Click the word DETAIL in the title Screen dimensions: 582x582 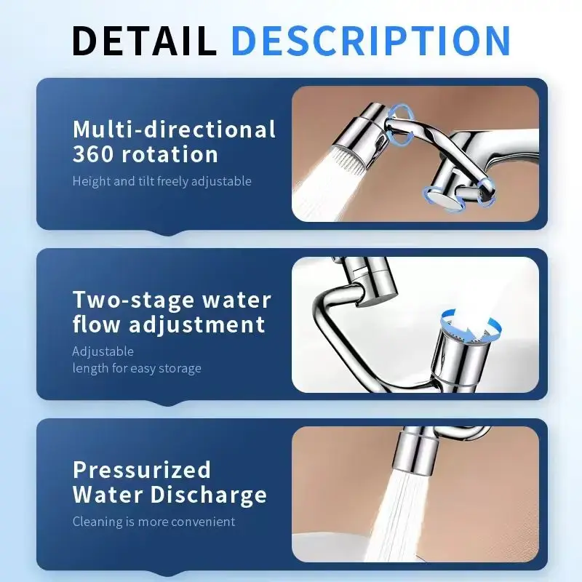point(144,41)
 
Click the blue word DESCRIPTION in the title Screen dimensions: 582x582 point(372,41)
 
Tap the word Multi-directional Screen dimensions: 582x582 point(174,129)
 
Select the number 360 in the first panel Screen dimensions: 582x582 point(93,154)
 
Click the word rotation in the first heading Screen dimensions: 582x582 point(170,154)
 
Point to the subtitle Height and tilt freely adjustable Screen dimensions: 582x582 point(162,181)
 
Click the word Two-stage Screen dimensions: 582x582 point(134,300)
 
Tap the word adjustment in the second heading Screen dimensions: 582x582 point(197,324)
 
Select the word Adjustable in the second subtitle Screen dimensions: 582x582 point(103,351)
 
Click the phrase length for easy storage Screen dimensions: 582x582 point(137,368)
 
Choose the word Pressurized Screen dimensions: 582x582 point(142,469)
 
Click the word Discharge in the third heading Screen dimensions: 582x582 point(209,495)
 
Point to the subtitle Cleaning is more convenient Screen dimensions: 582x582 point(154,522)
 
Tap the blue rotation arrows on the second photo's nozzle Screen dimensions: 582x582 point(471,326)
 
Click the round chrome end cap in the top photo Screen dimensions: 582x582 point(440,199)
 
